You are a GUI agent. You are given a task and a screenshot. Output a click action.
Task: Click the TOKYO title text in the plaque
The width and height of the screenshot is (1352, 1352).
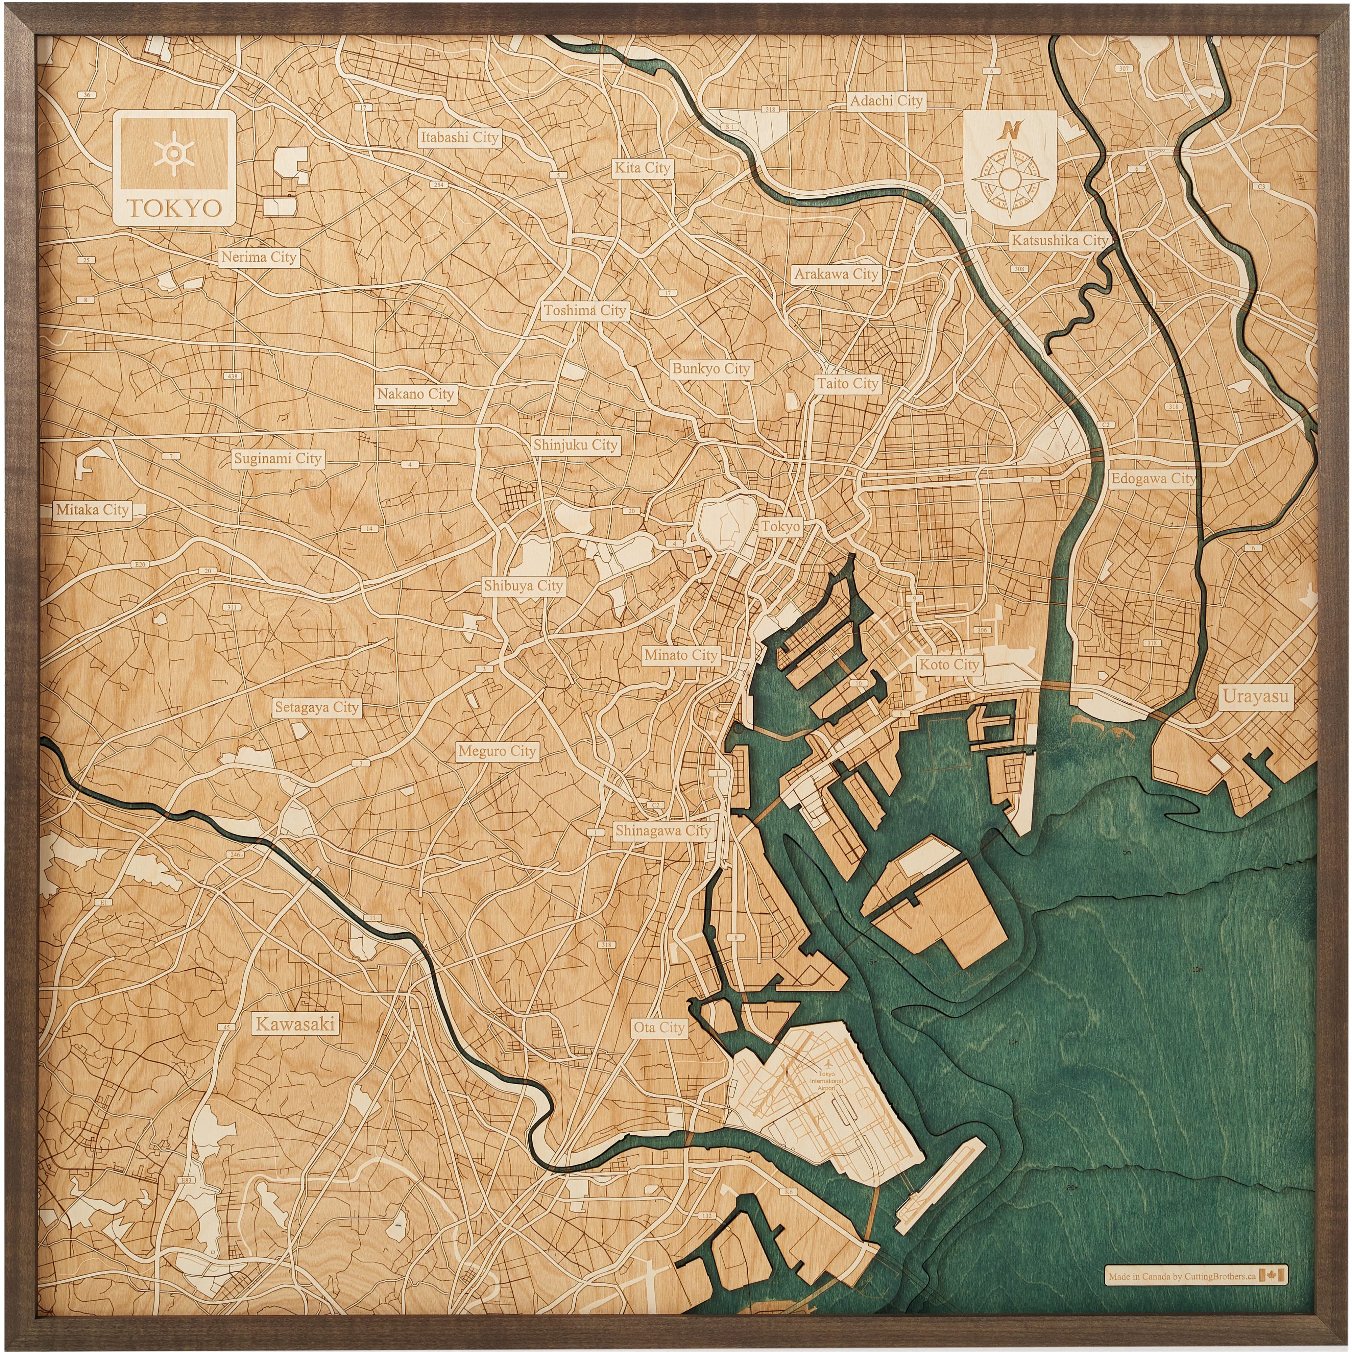point(174,208)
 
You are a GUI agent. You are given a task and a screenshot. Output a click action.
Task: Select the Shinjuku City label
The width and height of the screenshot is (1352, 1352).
point(575,445)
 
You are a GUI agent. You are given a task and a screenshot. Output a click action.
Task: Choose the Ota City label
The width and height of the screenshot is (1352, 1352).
point(658,1027)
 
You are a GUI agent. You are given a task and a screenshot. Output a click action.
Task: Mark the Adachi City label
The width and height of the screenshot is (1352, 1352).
point(886,101)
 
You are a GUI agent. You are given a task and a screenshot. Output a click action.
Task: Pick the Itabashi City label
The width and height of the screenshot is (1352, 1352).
point(459,137)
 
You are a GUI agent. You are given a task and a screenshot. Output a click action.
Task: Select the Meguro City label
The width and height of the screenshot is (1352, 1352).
point(497,751)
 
